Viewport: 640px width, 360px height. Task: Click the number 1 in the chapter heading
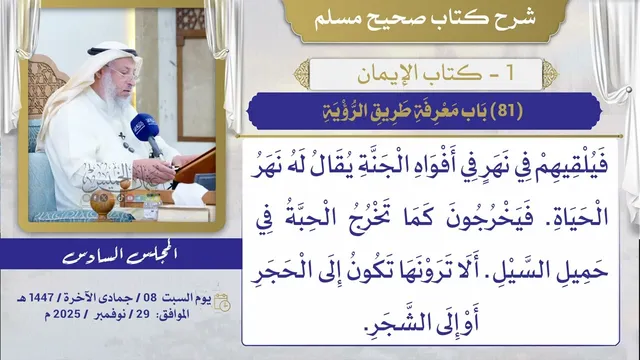pyautogui.click(x=509, y=73)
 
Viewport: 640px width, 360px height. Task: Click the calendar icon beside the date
pyautogui.click(x=222, y=302)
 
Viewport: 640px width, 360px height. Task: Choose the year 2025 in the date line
pyautogui.click(x=67, y=314)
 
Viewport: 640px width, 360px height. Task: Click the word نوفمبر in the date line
pyautogui.click(x=109, y=315)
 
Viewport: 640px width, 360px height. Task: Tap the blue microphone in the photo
pyautogui.click(x=144, y=127)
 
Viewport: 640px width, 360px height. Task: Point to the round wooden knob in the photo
pyautogui.click(x=102, y=201)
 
